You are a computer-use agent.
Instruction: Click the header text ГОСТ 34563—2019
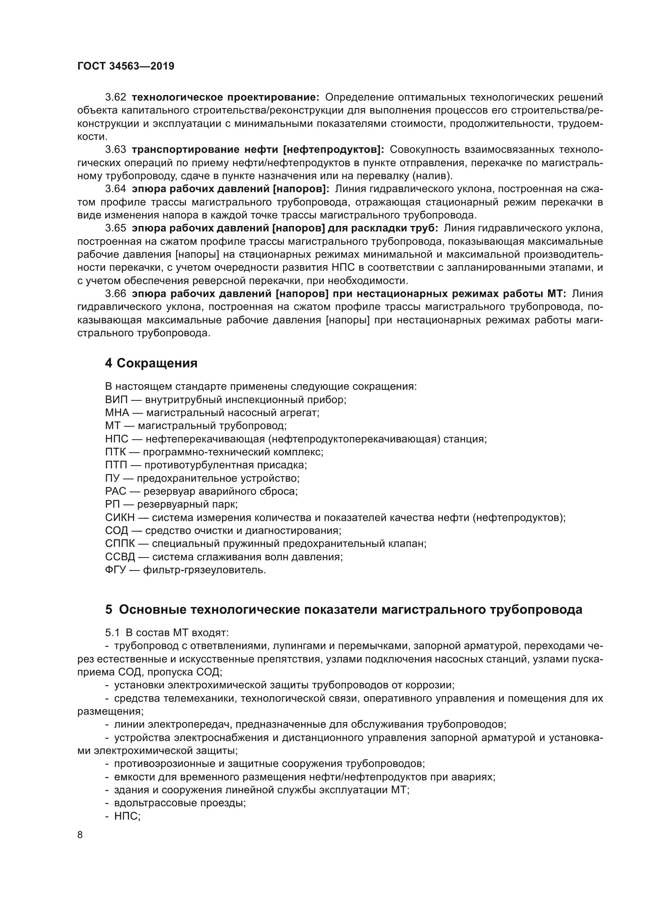126,66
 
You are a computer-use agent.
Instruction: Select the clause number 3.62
116,97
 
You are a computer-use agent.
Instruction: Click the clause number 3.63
116,150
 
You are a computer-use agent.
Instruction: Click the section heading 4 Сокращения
151,363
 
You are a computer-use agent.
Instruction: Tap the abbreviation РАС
116,491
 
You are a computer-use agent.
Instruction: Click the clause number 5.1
112,633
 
